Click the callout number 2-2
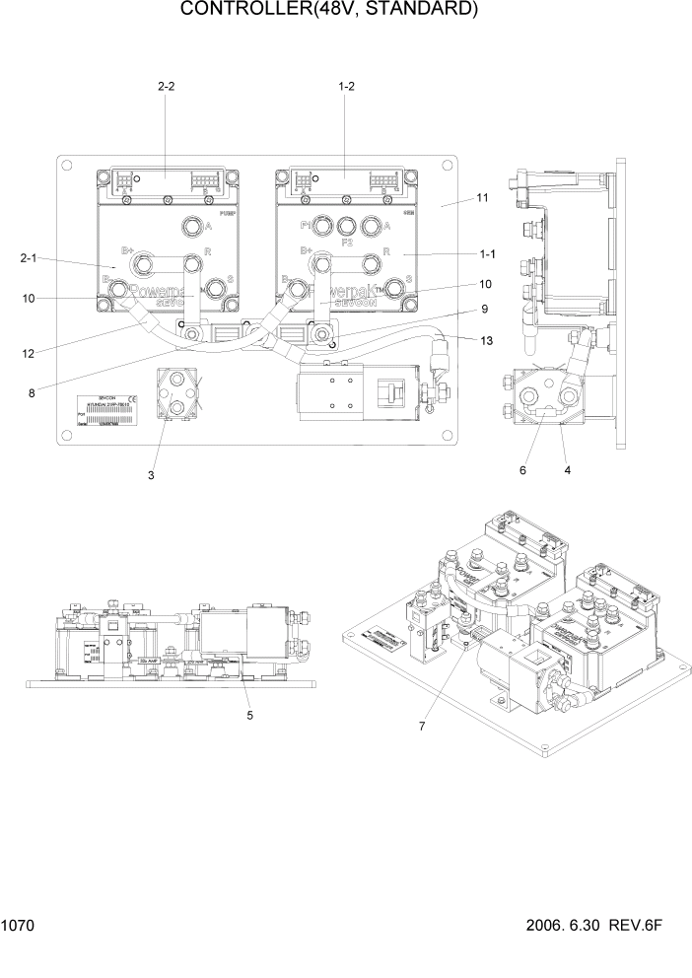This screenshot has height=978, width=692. [x=166, y=86]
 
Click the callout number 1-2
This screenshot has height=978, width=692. [x=346, y=86]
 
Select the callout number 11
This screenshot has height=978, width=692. [x=482, y=198]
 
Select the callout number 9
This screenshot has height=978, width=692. [x=484, y=309]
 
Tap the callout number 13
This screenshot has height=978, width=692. [x=485, y=340]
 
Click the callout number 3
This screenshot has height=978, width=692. [x=151, y=475]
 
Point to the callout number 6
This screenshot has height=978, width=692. [x=522, y=471]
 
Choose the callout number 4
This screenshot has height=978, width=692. [x=567, y=471]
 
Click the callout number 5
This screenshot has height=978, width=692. [x=249, y=715]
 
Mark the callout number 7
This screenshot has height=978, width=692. [x=421, y=727]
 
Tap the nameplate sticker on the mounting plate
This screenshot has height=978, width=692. [x=109, y=410]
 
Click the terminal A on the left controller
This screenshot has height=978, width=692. [x=189, y=229]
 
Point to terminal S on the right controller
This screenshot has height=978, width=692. [x=397, y=286]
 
